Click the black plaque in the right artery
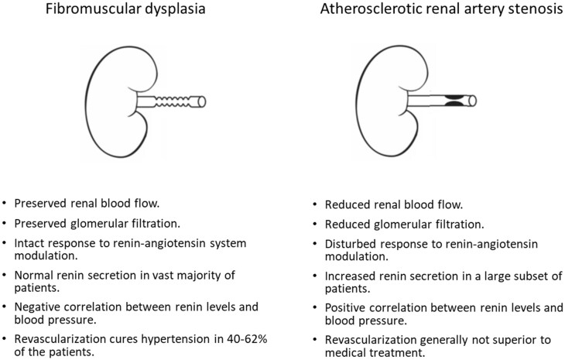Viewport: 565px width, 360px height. pos(454,101)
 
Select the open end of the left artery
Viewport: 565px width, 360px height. pos(204,101)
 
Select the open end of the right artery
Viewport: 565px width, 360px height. pos(472,101)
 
